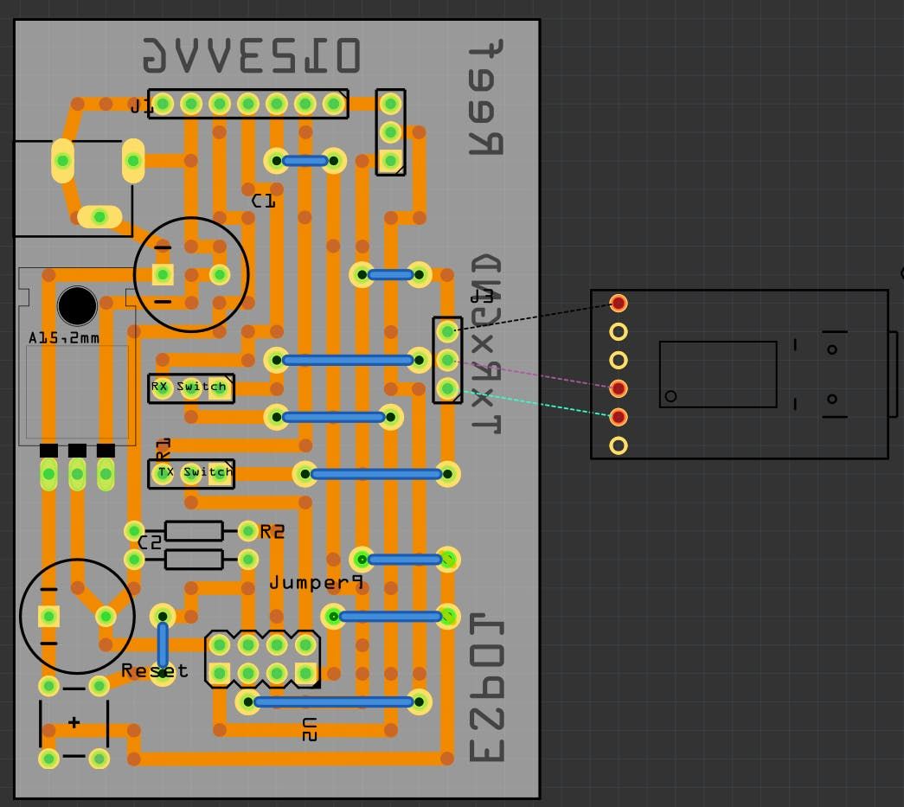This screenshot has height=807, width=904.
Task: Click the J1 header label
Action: click(x=141, y=106)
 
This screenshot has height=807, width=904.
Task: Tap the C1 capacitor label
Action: click(x=263, y=201)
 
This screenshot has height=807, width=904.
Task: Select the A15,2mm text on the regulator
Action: click(x=64, y=337)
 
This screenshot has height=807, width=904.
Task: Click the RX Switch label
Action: click(x=189, y=387)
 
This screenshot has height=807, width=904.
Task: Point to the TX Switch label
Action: click(x=195, y=471)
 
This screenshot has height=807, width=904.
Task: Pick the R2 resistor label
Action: click(x=272, y=532)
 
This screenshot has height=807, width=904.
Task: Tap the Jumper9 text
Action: click(x=316, y=583)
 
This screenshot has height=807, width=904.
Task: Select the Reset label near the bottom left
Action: click(x=154, y=670)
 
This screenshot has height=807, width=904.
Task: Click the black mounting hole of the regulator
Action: click(x=77, y=305)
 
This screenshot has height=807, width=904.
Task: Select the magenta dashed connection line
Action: click(x=536, y=373)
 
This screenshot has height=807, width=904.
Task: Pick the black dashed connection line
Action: click(x=536, y=316)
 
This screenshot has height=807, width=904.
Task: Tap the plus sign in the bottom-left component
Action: click(x=74, y=722)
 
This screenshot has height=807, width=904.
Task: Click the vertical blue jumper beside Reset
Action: click(x=163, y=644)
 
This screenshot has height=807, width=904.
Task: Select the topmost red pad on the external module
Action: click(x=619, y=303)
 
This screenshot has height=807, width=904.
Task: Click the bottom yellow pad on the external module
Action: click(x=619, y=445)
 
